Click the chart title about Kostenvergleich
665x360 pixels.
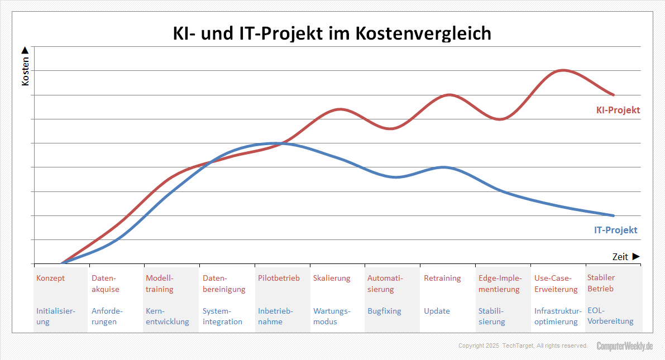coord(332,33)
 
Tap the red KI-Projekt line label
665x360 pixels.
coord(618,110)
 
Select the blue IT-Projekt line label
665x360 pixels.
coord(615,230)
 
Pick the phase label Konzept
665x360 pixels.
coord(50,278)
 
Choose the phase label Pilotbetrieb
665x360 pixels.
coord(279,278)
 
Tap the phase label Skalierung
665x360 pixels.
coord(332,278)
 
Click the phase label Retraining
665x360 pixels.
coord(442,278)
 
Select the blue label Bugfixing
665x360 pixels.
coord(384,311)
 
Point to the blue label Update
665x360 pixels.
coord(437,311)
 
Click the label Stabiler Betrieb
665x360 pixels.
coord(601,283)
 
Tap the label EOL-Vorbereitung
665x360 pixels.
coord(610,316)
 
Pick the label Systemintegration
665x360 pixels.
coord(222,316)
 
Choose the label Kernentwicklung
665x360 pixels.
coord(167,316)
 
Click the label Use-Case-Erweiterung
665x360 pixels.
coord(556,284)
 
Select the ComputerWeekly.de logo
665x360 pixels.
coord(624,346)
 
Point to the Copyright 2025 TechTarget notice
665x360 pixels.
coord(523,346)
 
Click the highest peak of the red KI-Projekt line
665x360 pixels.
coord(562,70)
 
